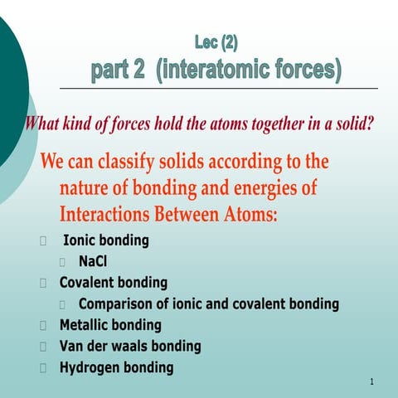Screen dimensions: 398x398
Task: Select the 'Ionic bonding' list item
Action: point(106,241)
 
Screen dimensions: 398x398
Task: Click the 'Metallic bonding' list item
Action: point(110,325)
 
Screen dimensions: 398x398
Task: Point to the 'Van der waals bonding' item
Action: point(130,346)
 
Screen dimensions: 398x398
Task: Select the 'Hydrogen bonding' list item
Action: point(116,367)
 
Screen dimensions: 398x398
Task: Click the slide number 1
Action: point(373,383)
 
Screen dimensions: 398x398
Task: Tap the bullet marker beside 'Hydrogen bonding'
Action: point(43,367)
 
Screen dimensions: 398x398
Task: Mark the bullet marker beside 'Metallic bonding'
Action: point(43,325)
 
